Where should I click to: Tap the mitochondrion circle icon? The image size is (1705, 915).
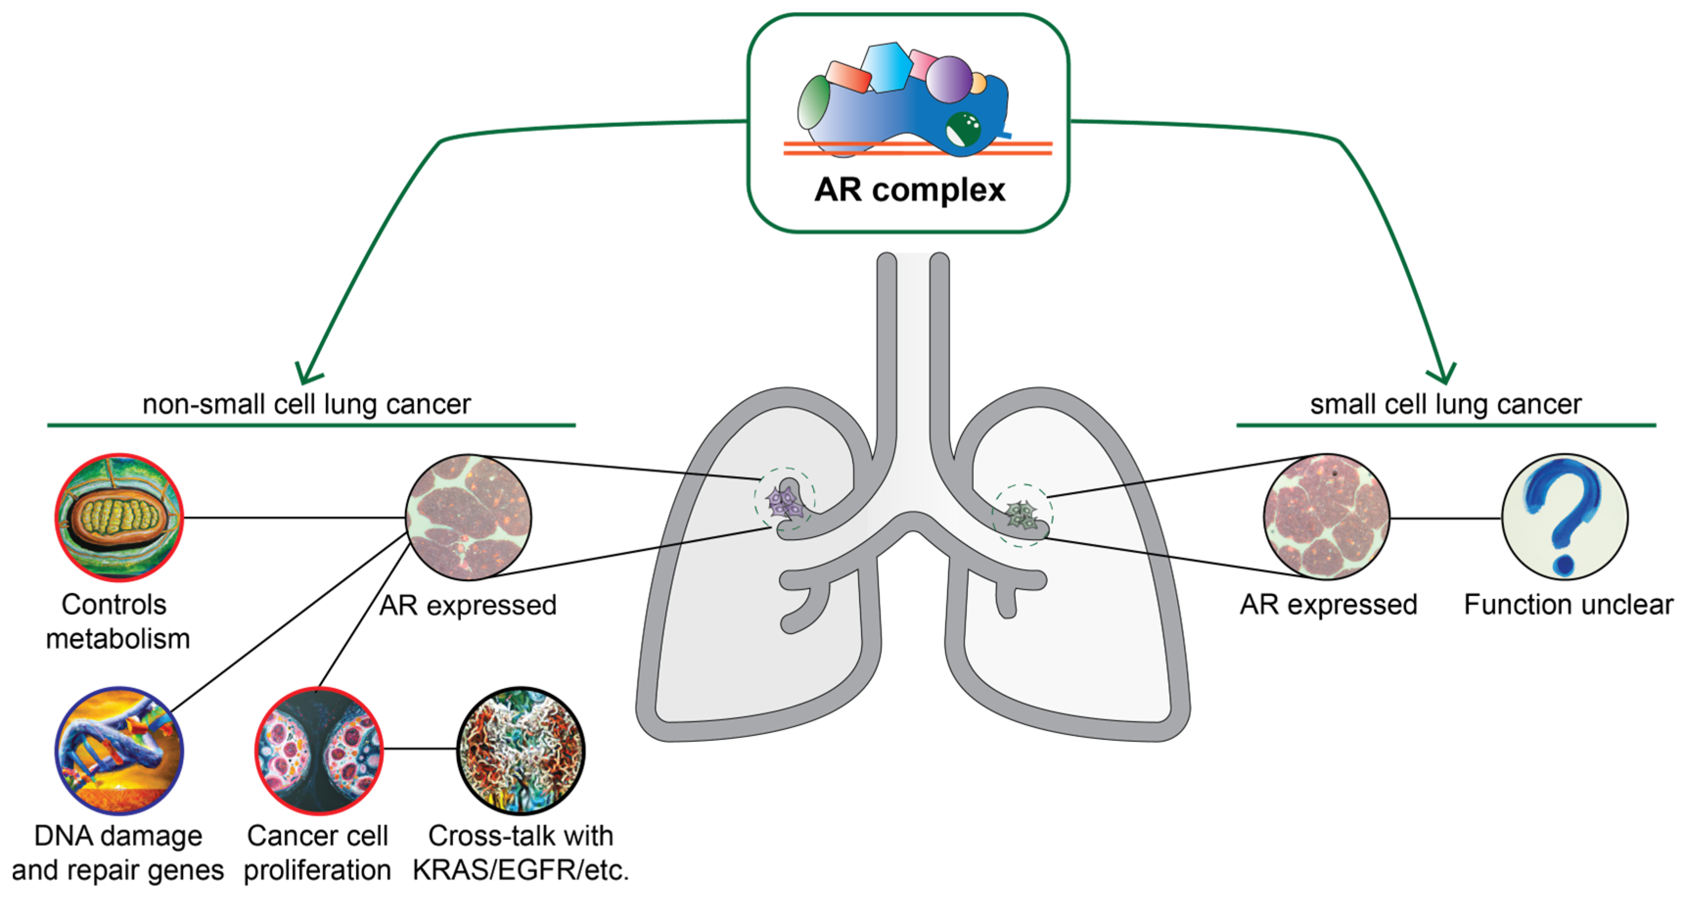118,517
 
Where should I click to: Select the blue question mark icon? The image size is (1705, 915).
1564,517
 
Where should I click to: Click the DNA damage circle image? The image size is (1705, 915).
118,750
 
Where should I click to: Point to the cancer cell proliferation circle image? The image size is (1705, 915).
319,750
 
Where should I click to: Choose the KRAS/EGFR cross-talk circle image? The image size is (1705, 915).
521,750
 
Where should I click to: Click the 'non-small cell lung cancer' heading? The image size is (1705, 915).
306,404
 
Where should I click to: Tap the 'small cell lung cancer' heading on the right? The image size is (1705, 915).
1446,404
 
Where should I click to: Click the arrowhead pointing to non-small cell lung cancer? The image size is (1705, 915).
306,374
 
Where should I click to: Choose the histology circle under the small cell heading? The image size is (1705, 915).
1326,517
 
